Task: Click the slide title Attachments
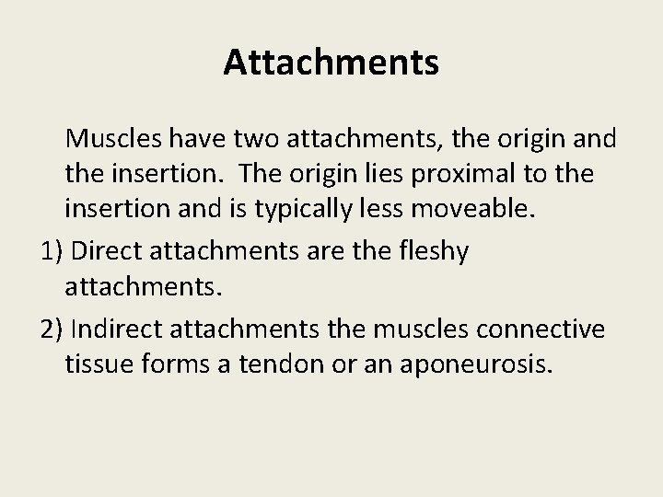[x=331, y=63]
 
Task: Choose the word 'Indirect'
[x=115, y=329]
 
